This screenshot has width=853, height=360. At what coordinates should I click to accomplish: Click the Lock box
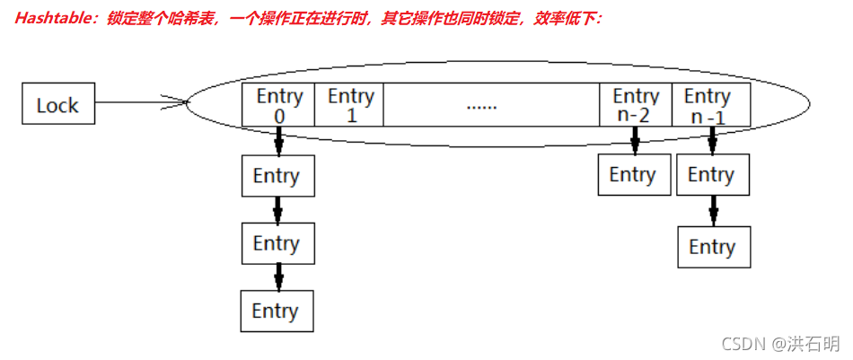coord(58,105)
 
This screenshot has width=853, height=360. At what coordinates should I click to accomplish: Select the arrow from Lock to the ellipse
coord(139,102)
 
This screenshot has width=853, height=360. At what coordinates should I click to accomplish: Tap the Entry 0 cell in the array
coord(279,105)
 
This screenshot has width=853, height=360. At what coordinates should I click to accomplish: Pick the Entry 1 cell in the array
coord(350,105)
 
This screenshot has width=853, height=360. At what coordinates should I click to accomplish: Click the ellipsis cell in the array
coord(482,105)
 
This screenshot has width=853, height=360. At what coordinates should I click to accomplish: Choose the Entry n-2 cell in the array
coord(635,105)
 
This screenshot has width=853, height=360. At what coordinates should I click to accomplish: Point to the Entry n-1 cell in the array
coord(709,105)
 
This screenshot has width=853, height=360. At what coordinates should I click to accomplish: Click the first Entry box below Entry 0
coord(277,176)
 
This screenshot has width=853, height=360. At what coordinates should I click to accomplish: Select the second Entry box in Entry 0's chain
coord(277,243)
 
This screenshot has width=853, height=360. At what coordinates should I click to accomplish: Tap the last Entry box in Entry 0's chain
coord(277,312)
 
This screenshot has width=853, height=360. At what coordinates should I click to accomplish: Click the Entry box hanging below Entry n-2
coord(633,174)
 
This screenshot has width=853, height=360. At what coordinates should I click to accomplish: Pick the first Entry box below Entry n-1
coord(711,175)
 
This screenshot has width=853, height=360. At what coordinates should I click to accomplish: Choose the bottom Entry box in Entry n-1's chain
coord(713,247)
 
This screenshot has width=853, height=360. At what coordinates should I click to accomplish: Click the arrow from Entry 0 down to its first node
coord(279,140)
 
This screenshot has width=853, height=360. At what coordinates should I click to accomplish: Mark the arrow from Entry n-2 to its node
coord(635,139)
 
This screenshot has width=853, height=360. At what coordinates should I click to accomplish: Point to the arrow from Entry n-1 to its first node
coord(712,140)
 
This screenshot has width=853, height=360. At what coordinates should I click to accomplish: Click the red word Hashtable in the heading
coord(52,17)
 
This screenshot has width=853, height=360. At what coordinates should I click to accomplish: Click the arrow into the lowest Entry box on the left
coord(278,277)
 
